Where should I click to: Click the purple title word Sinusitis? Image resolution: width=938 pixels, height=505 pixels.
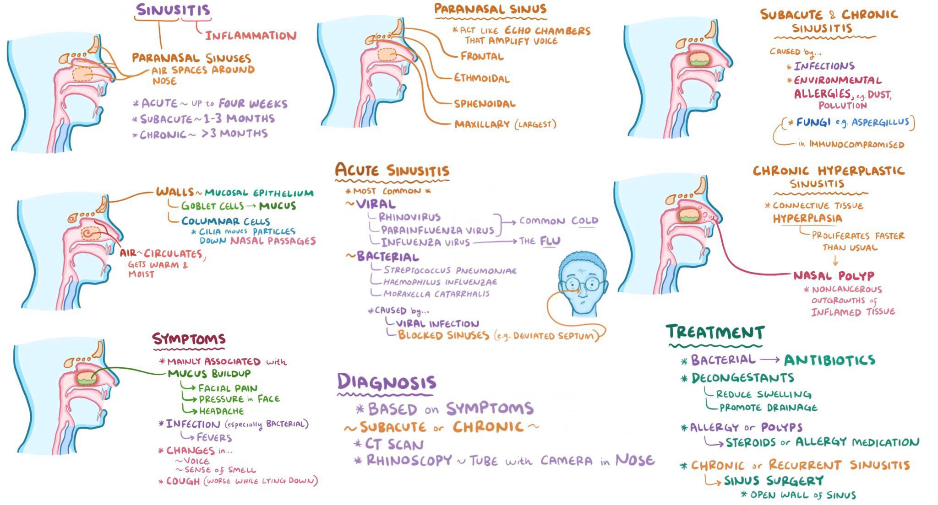click(x=173, y=10)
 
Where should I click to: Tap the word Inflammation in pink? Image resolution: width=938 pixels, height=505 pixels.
click(x=251, y=36)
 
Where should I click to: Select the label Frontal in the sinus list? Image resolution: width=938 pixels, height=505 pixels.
click(x=482, y=56)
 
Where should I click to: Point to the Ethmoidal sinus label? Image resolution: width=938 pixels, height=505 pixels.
click(x=482, y=78)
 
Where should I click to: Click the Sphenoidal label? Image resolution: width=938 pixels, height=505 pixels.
click(x=485, y=104)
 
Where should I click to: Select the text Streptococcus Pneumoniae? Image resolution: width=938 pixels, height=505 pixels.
click(x=450, y=270)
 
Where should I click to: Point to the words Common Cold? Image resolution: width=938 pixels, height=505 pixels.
click(x=559, y=221)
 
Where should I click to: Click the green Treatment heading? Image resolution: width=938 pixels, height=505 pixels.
click(x=715, y=332)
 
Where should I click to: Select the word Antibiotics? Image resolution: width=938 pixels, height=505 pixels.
click(x=829, y=360)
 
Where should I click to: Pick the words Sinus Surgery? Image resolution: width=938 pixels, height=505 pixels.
click(x=774, y=481)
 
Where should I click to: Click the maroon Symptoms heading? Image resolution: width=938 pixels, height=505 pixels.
click(x=189, y=339)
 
